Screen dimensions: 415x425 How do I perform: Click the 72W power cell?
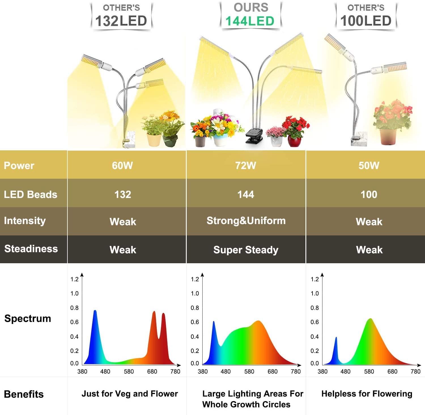246,165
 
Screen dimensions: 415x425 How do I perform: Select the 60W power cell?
122,165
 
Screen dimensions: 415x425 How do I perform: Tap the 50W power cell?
369,165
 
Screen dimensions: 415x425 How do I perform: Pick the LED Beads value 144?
246,195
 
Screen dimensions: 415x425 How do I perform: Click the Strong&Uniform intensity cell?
246,221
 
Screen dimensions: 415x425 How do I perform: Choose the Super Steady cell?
246,250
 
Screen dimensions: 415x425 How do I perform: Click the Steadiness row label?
31,249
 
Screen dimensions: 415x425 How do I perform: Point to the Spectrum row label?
28,319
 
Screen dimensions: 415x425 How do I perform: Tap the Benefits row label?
24,394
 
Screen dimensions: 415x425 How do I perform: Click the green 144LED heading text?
250,21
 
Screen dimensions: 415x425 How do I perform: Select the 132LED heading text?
121,21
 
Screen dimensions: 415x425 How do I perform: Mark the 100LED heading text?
366,21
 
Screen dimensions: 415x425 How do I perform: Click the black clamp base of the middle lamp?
254,136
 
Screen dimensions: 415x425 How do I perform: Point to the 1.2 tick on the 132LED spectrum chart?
74,279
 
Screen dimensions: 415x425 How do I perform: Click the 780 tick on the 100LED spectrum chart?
415,372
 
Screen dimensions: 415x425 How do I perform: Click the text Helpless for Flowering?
367,394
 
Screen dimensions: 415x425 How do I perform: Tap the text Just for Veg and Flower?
130,394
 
